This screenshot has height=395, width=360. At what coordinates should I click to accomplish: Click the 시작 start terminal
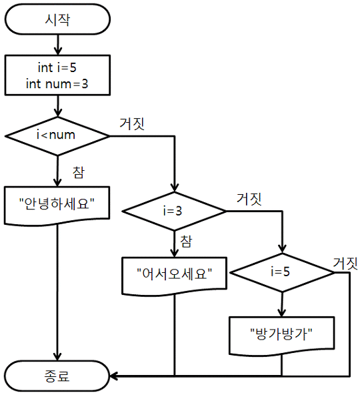(57, 19)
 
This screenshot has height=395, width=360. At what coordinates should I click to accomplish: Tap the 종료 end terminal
(57, 376)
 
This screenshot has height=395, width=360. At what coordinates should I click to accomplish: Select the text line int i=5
(57, 67)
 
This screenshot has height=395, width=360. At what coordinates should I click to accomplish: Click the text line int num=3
(57, 83)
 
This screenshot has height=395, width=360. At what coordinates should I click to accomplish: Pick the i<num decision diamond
(57, 136)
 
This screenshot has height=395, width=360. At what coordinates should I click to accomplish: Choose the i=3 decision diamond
(174, 211)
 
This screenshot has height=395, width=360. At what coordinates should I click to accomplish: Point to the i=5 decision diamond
(282, 273)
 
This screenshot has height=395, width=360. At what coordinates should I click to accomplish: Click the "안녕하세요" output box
(57, 206)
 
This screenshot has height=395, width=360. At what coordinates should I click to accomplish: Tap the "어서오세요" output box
(174, 276)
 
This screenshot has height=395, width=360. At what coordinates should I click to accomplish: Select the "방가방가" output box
(282, 336)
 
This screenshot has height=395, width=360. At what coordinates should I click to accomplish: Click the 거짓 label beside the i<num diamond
(132, 123)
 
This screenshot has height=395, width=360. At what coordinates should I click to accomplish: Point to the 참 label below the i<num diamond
(79, 173)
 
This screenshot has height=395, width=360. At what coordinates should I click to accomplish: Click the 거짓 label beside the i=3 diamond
(249, 199)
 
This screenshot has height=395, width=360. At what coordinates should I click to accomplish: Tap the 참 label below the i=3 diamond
(186, 242)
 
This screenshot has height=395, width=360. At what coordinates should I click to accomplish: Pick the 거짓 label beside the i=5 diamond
(345, 264)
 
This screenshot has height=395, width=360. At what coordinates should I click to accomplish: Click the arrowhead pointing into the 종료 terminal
(114, 376)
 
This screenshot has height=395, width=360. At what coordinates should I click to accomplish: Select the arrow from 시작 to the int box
(57, 45)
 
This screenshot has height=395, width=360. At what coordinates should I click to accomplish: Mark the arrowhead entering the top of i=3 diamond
(174, 188)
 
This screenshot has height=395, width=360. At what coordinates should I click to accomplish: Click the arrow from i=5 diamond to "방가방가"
(282, 304)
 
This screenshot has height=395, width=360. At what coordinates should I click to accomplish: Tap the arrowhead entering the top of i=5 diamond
(282, 250)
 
